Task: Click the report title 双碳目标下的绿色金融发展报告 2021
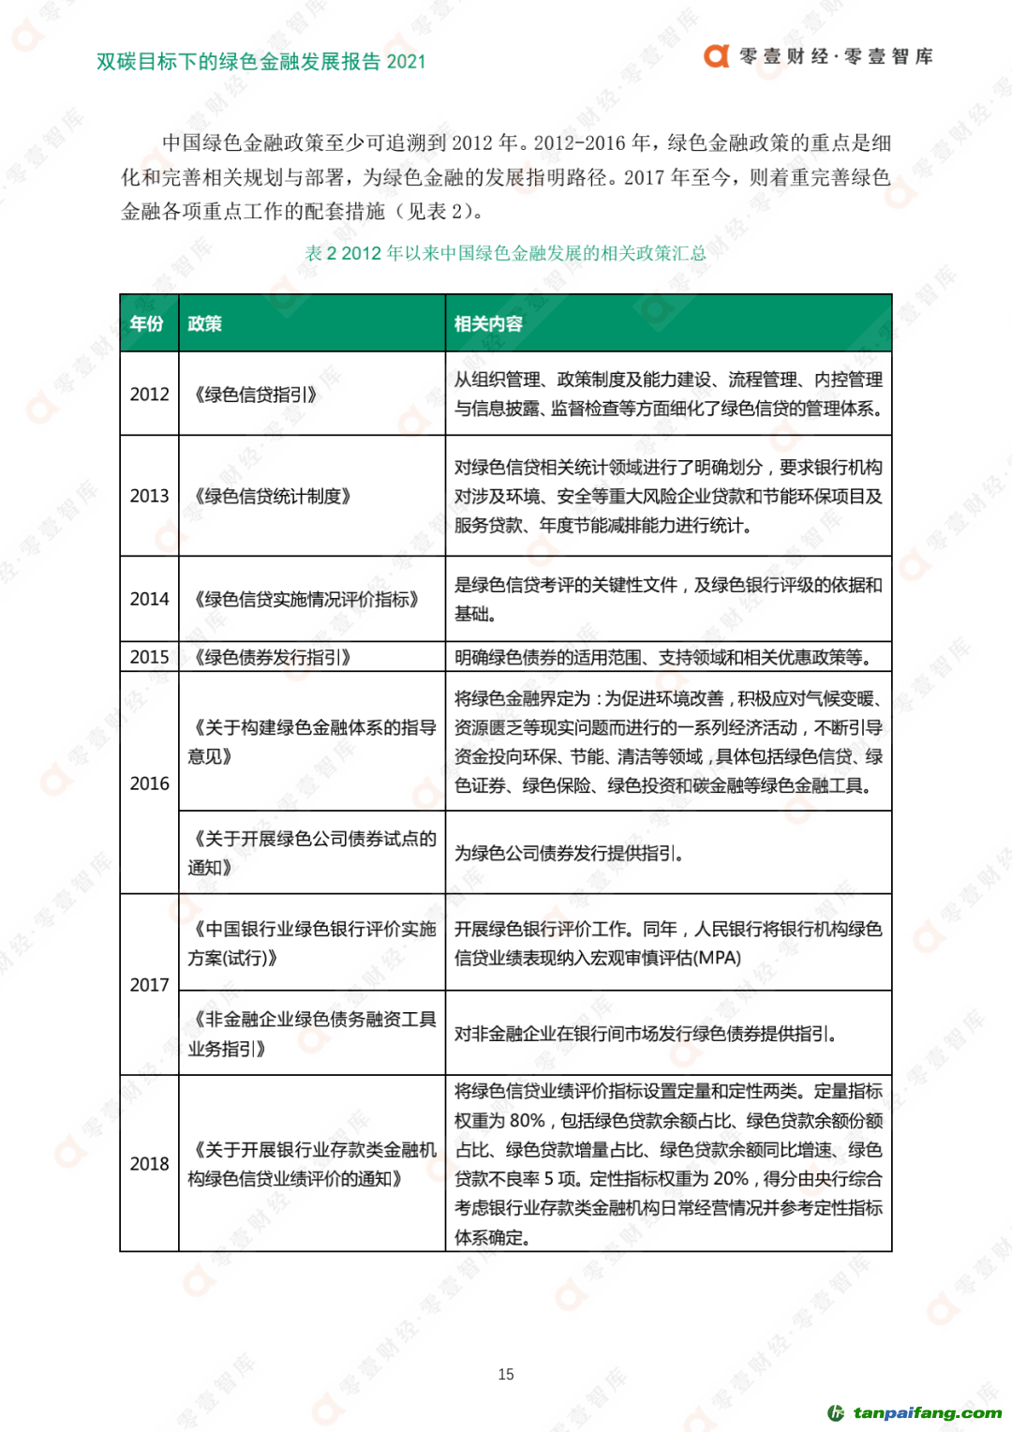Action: coord(260,62)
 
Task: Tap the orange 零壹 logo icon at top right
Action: coord(717,56)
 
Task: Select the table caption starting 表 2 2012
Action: coord(505,253)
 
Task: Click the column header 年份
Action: coord(147,324)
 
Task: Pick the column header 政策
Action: coord(204,324)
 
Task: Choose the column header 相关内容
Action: coord(488,324)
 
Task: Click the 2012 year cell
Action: coord(149,395)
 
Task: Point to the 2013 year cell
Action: coord(149,496)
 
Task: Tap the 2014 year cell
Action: coord(149,599)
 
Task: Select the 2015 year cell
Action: coord(149,657)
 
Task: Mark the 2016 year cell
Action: coord(149,783)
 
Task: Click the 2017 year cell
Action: coord(149,985)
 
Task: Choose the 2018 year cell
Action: coord(149,1164)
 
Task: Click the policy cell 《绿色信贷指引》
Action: coord(255,395)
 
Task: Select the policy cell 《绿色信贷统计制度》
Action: coord(272,496)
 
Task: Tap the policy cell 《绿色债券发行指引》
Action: coord(272,657)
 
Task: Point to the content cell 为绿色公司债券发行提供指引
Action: coord(569,853)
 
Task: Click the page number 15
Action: coord(506,1374)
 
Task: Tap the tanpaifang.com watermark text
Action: coord(926,1412)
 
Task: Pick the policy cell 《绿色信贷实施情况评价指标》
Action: coord(305,599)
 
